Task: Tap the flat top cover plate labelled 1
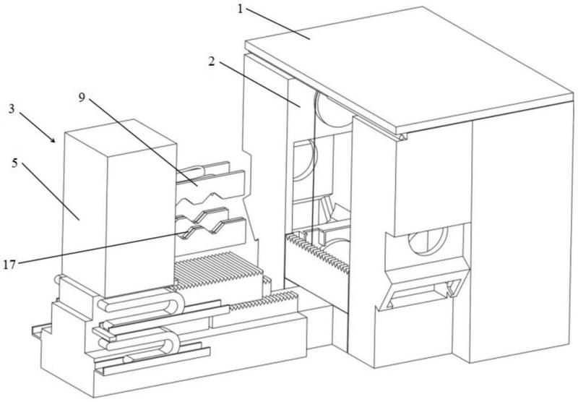pyautogui.click(x=405, y=65)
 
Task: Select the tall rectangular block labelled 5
pyautogui.click(x=116, y=202)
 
